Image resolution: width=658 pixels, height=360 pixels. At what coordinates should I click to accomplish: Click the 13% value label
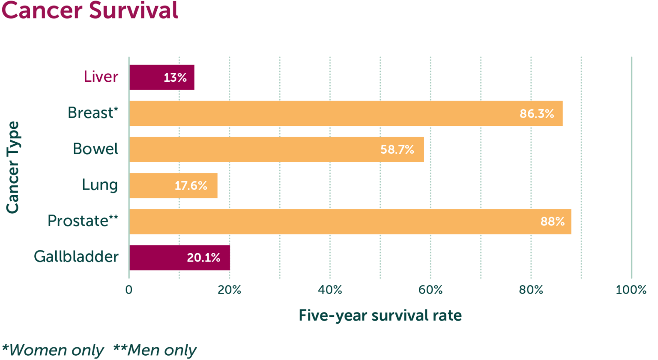click(x=175, y=77)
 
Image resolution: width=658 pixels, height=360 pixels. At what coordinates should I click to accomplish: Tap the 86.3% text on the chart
click(x=537, y=113)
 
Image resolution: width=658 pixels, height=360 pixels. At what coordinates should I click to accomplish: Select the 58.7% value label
click(x=397, y=149)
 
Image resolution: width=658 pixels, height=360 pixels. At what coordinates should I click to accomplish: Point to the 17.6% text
click(x=191, y=185)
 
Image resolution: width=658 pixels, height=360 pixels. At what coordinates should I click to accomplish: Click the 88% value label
click(x=552, y=221)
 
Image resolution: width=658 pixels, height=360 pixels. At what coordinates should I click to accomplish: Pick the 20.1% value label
click(x=203, y=257)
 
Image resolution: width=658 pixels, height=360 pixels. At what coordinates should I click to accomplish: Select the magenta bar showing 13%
click(x=146, y=77)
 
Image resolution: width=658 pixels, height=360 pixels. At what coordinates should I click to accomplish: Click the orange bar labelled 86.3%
click(x=321, y=113)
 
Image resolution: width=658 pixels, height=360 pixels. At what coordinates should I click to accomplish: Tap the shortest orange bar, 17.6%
click(x=150, y=185)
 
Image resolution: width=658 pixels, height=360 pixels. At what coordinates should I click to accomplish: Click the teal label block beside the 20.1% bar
click(x=64, y=256)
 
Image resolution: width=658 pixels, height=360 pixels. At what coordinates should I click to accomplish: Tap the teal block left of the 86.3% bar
click(x=64, y=136)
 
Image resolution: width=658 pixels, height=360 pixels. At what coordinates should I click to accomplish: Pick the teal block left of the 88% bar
click(x=64, y=202)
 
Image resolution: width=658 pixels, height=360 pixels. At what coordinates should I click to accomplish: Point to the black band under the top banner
click(x=329, y=38)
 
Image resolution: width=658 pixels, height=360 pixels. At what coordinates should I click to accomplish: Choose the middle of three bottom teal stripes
click(x=329, y=316)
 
